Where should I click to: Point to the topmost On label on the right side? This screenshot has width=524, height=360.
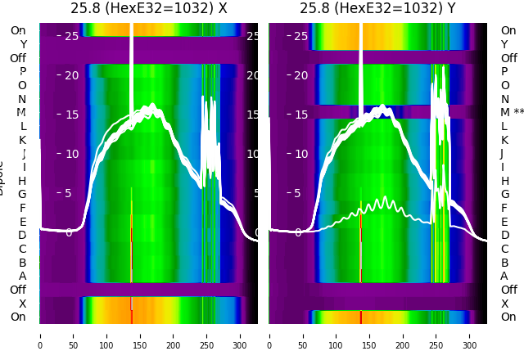508,30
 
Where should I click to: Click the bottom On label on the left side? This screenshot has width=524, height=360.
18,317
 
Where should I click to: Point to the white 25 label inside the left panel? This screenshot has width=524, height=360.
71,36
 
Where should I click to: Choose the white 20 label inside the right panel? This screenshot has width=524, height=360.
300,75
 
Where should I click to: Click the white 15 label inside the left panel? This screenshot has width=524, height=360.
71,115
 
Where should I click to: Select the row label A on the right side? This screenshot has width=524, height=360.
504,276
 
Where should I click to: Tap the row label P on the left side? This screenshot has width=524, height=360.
22,71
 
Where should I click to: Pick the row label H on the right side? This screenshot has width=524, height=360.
504,181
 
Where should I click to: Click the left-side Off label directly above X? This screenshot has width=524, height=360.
18,290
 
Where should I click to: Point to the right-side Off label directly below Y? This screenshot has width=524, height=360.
508,58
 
